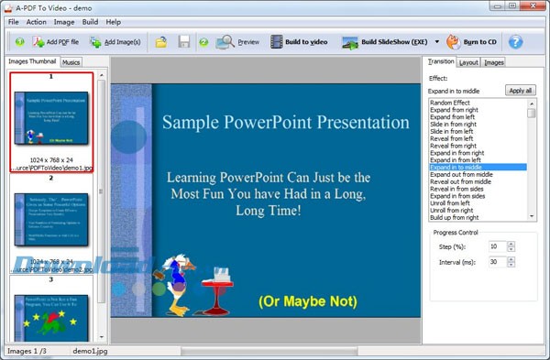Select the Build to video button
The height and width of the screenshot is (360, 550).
pos(299,42)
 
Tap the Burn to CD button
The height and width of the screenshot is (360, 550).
pos(474,42)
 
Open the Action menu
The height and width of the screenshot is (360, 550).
pos(36,21)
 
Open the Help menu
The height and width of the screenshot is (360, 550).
pos(114,21)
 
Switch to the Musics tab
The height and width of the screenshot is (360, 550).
pos(71,62)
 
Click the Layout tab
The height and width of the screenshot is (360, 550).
pos(468,62)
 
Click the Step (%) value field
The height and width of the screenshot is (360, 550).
pos(496,246)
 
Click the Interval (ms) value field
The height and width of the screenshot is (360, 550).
pos(496,262)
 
